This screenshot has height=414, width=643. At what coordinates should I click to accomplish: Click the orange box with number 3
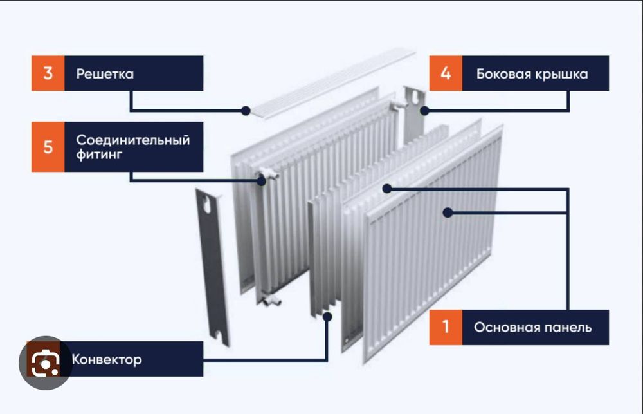point(48,73)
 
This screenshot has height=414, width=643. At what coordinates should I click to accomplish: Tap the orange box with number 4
point(446,73)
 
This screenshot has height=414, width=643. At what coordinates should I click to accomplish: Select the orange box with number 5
point(48,147)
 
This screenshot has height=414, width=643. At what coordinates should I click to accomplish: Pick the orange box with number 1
point(446,327)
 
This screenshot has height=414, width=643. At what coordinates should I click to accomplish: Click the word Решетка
point(105,74)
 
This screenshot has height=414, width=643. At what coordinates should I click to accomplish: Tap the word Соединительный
point(133,140)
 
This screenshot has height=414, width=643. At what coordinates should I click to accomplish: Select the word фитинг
point(98,155)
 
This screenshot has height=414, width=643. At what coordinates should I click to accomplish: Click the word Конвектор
point(107,359)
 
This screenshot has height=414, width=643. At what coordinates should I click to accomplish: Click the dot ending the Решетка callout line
point(246,110)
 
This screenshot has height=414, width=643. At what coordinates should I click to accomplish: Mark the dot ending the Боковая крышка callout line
point(424,110)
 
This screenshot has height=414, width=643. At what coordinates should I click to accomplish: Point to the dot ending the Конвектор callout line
point(327,316)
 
